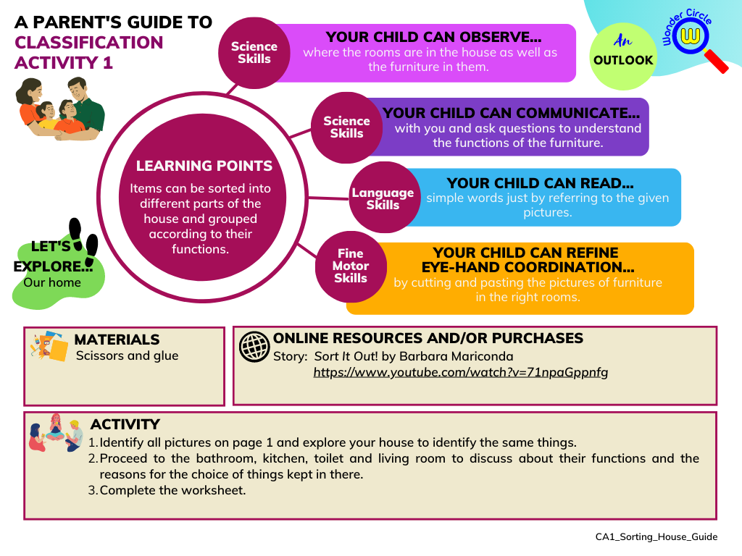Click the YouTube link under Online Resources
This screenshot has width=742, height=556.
tap(460, 373)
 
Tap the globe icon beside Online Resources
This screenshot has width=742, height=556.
tap(254, 347)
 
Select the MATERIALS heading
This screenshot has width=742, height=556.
tap(117, 340)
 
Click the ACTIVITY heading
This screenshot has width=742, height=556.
tap(125, 424)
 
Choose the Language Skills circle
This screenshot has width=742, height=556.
tap(383, 199)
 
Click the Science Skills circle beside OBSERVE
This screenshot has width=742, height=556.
tap(254, 52)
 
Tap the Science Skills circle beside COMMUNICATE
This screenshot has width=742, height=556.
tap(346, 127)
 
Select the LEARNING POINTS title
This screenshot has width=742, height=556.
tap(204, 166)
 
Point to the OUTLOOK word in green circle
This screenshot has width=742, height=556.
tap(623, 60)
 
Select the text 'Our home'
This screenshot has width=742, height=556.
tap(52, 282)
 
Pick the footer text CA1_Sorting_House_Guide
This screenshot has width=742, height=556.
tap(656, 536)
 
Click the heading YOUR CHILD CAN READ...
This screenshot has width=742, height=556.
tap(540, 183)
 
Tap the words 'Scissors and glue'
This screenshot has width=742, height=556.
tap(127, 355)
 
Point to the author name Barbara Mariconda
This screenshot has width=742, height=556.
tap(470, 356)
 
